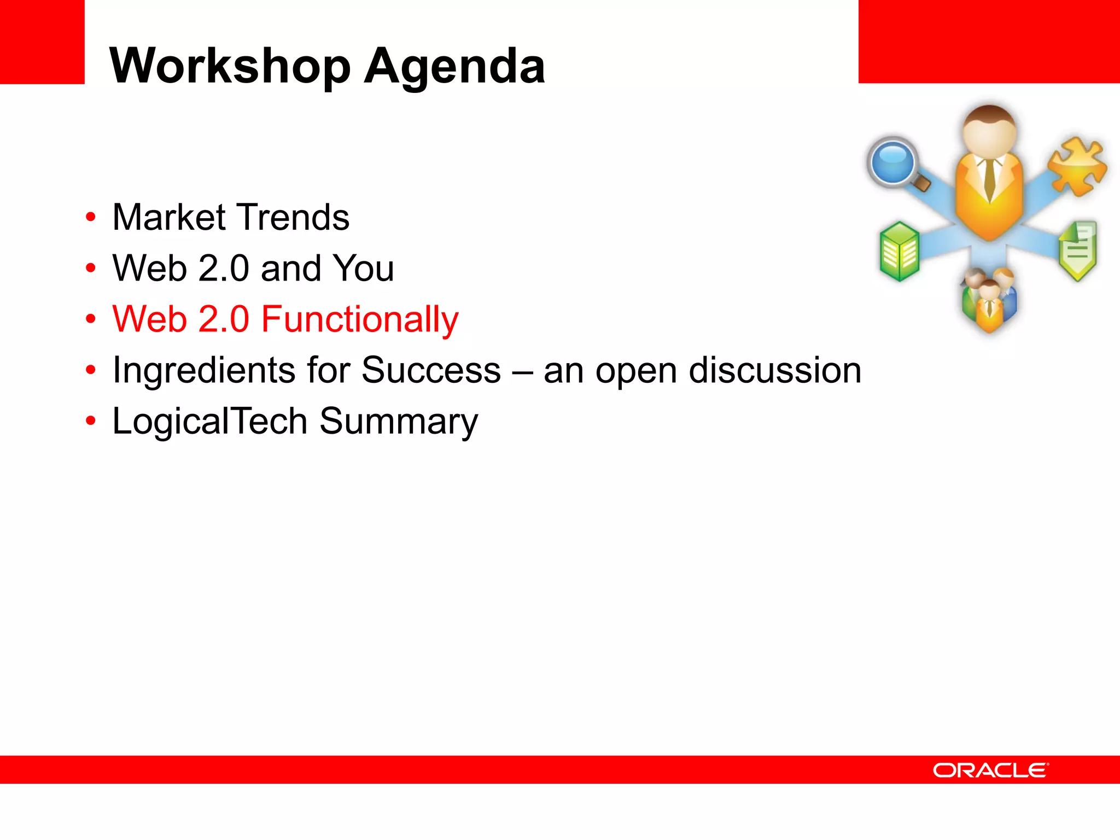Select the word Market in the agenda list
(168, 217)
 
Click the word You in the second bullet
(364, 268)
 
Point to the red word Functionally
(360, 319)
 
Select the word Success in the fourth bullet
(431, 370)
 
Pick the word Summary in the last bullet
(399, 422)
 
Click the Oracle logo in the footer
(990, 770)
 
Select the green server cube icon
(899, 251)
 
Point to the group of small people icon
(989, 300)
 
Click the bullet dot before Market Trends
(91, 217)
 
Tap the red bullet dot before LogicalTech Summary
(91, 421)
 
